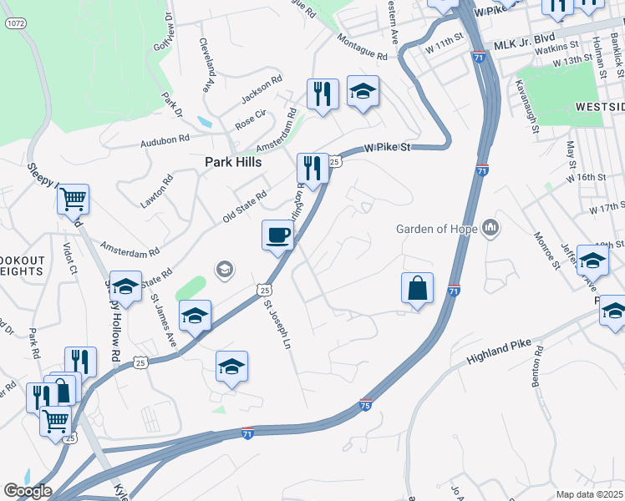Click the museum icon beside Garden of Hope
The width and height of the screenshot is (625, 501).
pos(491,227)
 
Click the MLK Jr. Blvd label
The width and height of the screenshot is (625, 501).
pos(525,39)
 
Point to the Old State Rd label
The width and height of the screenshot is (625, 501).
pos(244,206)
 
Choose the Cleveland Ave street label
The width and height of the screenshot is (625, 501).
pos(204,64)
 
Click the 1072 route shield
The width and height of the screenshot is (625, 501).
pos(14,23)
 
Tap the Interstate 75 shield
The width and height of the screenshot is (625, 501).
pos(365,404)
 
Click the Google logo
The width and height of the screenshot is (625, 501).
pos(27,491)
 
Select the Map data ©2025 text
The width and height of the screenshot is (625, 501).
pos(590,494)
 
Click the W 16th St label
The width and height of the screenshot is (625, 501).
pos(585,177)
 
